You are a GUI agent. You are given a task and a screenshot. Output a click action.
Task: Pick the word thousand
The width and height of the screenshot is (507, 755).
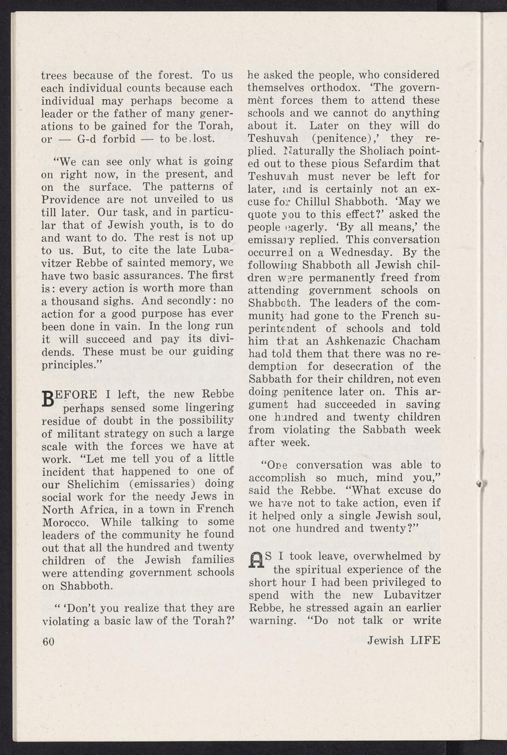tap(80, 301)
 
